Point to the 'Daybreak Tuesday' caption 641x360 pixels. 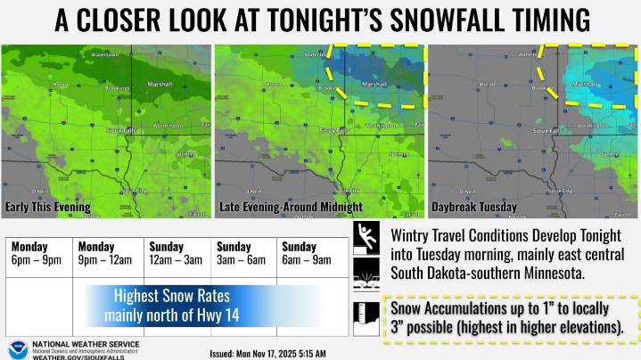tap(473, 208)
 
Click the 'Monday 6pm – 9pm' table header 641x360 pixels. tap(37, 253)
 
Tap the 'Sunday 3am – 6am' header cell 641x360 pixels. tap(242, 253)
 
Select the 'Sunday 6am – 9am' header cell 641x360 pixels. tap(309, 253)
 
